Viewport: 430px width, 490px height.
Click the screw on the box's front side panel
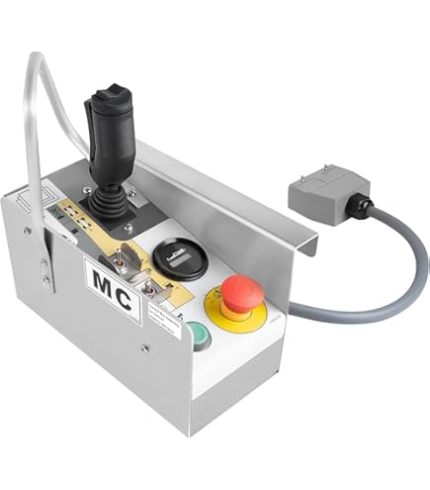144,347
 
